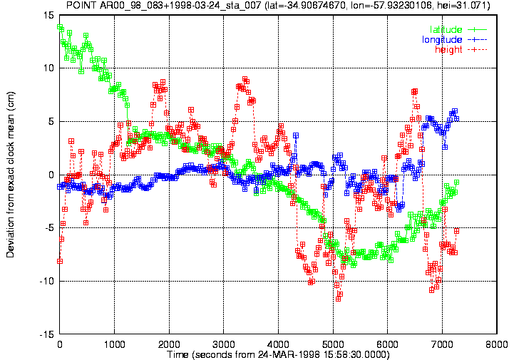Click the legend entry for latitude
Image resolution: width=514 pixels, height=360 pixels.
[458, 29]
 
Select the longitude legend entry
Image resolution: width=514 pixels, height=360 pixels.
[454, 40]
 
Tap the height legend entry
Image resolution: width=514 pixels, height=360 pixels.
[461, 49]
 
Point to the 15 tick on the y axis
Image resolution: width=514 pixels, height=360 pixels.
[49, 15]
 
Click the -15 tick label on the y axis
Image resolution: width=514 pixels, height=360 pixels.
[47, 334]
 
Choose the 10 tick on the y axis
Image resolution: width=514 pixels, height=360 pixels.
[49, 68]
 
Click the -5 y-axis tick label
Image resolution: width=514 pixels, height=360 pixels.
[49, 228]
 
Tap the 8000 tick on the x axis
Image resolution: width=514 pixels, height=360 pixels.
[497, 344]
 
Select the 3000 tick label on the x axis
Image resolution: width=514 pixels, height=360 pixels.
[224, 344]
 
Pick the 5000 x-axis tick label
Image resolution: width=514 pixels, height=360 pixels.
[333, 344]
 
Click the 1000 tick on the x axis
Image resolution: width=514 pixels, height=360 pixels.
[114, 344]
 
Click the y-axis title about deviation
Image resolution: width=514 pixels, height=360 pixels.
[10, 175]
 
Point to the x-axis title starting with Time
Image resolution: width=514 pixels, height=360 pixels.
[278, 354]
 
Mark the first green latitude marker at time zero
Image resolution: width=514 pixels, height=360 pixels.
[59, 27]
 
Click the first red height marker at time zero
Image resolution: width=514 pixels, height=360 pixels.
[60, 262]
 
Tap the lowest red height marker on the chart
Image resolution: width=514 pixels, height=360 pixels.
[339, 299]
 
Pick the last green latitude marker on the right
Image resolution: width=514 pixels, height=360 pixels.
[457, 182]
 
